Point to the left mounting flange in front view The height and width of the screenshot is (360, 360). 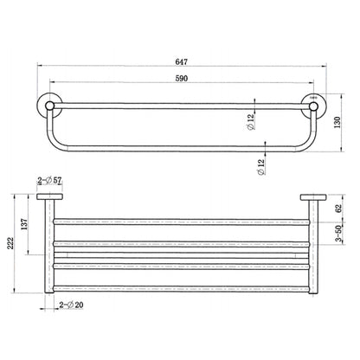click(x=46, y=200)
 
